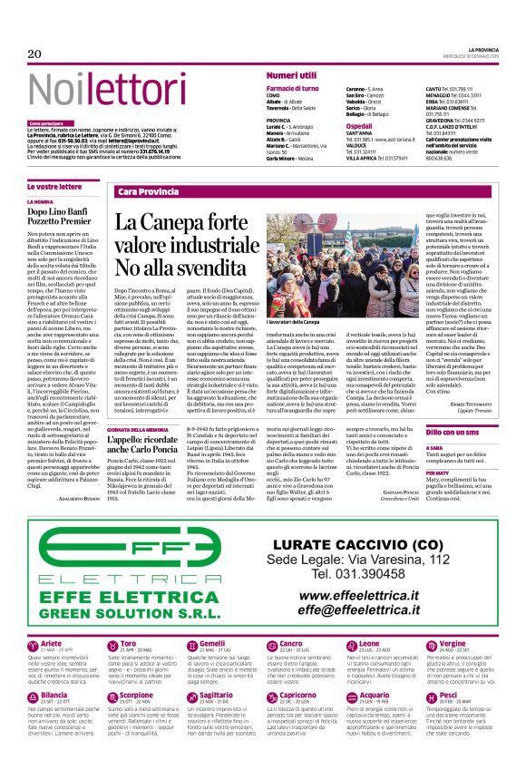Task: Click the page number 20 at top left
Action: point(35,54)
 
